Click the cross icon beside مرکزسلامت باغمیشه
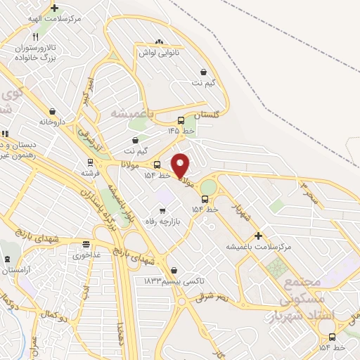(x=258, y=236)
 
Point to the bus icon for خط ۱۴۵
(x=181, y=120)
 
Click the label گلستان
(x=197, y=115)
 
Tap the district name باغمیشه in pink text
(x=132, y=112)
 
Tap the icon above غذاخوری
(x=86, y=245)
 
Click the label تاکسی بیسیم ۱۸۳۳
(x=174, y=281)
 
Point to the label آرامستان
(x=15, y=270)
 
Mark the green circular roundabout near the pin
(x=209, y=187)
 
